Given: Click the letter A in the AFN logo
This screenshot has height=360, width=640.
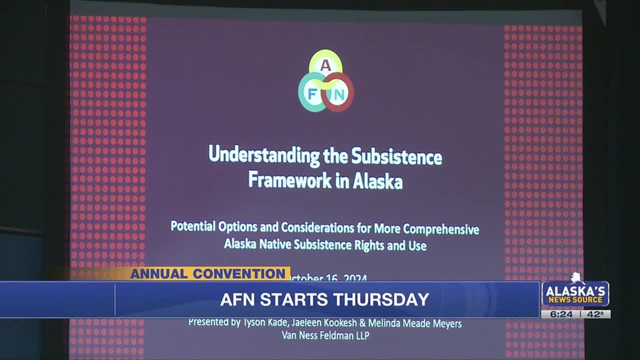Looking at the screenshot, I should [x=325, y=65].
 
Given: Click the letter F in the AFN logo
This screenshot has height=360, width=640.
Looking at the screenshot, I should [x=312, y=93].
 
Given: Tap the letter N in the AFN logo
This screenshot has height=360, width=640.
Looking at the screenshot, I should [x=339, y=93].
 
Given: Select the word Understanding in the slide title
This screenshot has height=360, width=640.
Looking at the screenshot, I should [x=263, y=154].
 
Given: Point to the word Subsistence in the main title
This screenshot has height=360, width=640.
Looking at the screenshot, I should [x=396, y=157].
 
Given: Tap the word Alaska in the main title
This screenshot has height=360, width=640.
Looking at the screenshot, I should [x=377, y=182].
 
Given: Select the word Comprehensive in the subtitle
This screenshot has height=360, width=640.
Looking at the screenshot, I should [x=441, y=229].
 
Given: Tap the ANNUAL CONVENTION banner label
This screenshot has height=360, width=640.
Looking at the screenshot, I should [x=207, y=273].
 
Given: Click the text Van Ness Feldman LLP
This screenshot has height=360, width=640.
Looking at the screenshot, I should [x=325, y=335].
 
